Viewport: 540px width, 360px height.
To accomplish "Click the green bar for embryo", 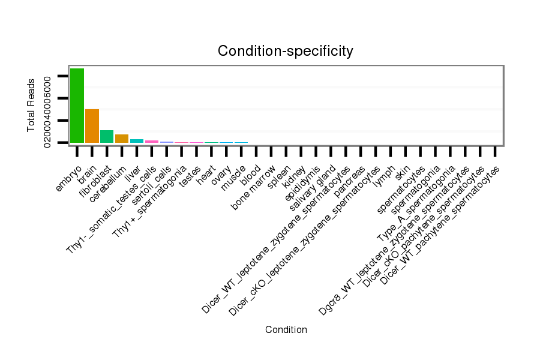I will pos(77,106).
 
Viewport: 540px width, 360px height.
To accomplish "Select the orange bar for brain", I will pos(92,126).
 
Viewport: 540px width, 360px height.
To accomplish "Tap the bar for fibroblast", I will pos(107,137).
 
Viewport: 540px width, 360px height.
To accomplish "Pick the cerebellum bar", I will pos(122,139).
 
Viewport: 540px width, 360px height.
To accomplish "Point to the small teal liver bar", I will pos(137,141).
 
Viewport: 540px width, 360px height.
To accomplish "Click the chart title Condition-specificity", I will pos(286,51).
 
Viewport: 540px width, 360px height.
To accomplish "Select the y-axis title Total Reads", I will pos(31,105).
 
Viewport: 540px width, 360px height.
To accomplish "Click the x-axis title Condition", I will pos(286,329).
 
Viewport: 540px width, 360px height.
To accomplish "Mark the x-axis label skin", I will pos(403,170).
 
